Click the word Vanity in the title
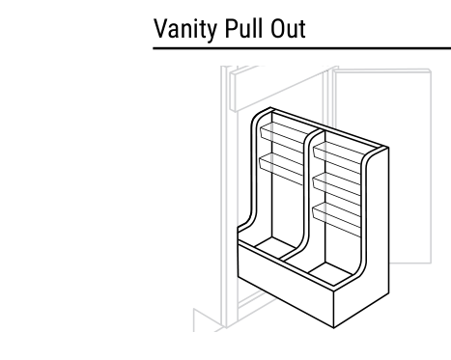click(185, 30)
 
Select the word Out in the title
click(288, 29)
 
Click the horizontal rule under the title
click(301, 48)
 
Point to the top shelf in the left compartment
click(283, 132)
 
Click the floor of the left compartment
click(275, 247)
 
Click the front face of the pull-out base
click(285, 285)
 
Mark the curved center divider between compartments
click(307, 193)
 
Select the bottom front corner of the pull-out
click(334, 328)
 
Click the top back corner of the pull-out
click(270, 108)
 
